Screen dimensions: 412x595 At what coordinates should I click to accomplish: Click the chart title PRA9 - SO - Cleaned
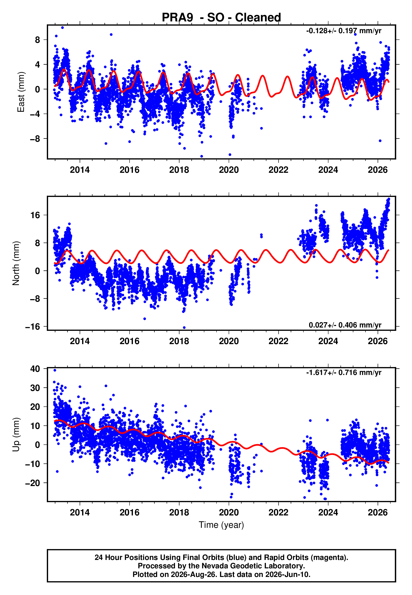pos(221,18)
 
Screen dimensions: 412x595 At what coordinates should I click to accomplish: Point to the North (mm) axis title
pos(16,263)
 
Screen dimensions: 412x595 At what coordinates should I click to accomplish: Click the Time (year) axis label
pos(221,525)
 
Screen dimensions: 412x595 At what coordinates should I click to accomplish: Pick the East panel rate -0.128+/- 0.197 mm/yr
pos(344,31)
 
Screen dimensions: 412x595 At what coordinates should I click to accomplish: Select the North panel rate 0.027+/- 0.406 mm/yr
pos(345,325)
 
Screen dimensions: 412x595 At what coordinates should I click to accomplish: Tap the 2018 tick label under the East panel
pos(179,170)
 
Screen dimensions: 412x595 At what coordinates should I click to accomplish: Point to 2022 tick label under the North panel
pos(278,341)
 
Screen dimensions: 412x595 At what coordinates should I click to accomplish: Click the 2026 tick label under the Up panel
pos(378,512)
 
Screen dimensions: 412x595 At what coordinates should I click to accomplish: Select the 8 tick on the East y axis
pos(38,40)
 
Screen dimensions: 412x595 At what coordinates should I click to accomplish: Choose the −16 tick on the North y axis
pos(33,327)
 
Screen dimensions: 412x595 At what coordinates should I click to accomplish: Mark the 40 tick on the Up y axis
pos(35,369)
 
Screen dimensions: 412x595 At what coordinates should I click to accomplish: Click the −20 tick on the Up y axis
pos(33,483)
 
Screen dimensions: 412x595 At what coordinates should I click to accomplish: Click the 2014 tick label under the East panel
pos(80,170)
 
